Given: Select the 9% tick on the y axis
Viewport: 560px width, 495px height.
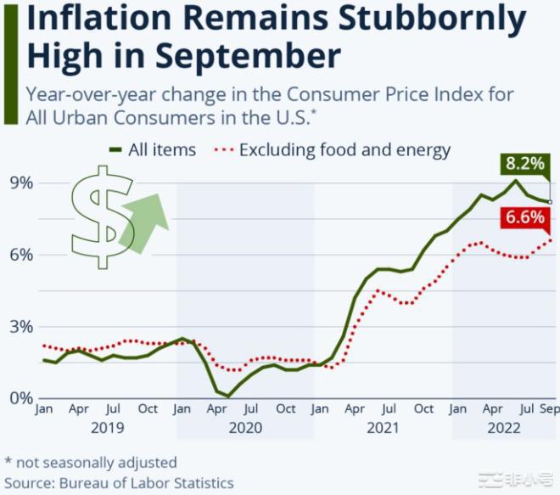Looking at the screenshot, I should pyautogui.click(x=21, y=183).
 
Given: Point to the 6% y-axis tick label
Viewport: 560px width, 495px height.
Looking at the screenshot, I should pyautogui.click(x=21, y=255).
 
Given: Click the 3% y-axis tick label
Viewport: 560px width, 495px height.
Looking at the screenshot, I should pyautogui.click(x=21, y=327).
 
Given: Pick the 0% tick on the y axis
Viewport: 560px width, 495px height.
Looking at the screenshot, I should pyautogui.click(x=21, y=398).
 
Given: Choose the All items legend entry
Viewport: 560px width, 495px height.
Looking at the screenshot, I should pyautogui.click(x=153, y=150).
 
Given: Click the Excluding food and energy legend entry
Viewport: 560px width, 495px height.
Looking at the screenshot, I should pyautogui.click(x=335, y=150).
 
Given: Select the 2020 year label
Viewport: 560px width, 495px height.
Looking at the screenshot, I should pyautogui.click(x=245, y=428).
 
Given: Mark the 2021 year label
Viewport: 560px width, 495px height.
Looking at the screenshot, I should pyautogui.click(x=383, y=428).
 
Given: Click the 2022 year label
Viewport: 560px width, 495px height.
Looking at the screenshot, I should pyautogui.click(x=503, y=428).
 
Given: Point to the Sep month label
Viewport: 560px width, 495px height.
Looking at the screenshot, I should pyautogui.click(x=548, y=409).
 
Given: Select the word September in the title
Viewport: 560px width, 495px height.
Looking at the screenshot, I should pyautogui.click(x=246, y=56).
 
